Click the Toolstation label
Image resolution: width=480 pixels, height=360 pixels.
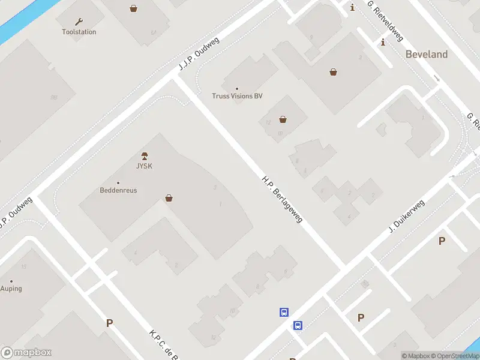click(x=79, y=32)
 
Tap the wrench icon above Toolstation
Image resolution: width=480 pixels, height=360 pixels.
click(x=79, y=22)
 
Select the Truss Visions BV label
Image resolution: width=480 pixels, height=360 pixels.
click(x=237, y=96)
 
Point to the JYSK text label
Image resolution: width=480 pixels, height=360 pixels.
click(x=143, y=166)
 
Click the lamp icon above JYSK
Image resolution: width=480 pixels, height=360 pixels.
click(x=144, y=157)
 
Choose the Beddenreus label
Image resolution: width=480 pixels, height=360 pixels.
click(x=118, y=190)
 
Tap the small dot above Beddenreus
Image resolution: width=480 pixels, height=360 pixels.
click(x=118, y=182)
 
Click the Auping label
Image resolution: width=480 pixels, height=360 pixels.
click(x=11, y=289)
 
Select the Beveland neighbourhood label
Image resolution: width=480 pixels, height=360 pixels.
click(x=427, y=54)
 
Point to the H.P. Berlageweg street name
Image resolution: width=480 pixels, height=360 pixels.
click(x=282, y=199)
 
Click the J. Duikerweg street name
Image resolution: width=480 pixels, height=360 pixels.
click(x=407, y=217)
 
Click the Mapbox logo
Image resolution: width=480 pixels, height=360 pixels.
click(x=26, y=353)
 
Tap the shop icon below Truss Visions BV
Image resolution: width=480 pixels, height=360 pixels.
click(x=283, y=119)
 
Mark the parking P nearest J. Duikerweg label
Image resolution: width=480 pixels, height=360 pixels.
click(x=442, y=241)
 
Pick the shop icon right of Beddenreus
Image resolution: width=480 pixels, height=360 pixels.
click(x=169, y=198)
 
